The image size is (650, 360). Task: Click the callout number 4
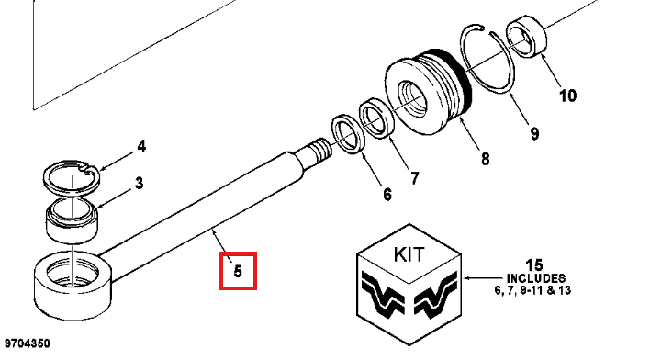[x=141, y=146]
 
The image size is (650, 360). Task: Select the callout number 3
[x=140, y=183]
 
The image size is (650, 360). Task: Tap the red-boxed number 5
[x=238, y=271]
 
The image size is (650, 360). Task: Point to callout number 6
[x=387, y=194]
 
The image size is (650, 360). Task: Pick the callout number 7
[x=415, y=178]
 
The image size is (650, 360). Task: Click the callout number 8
[x=485, y=159]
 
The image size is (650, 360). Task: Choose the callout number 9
[x=534, y=133]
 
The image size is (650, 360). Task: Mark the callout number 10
[x=568, y=96]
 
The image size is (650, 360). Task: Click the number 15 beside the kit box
[x=534, y=264]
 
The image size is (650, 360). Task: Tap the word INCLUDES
[x=535, y=278]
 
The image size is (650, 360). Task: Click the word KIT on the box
[x=409, y=254]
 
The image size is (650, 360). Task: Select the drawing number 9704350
[x=27, y=343]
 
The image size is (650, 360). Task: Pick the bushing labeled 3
[x=73, y=222]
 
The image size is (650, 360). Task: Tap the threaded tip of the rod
[x=320, y=149]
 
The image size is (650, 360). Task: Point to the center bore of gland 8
[x=412, y=98]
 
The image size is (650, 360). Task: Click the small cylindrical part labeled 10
[x=526, y=35]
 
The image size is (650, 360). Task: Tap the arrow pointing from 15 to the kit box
[x=483, y=278]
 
